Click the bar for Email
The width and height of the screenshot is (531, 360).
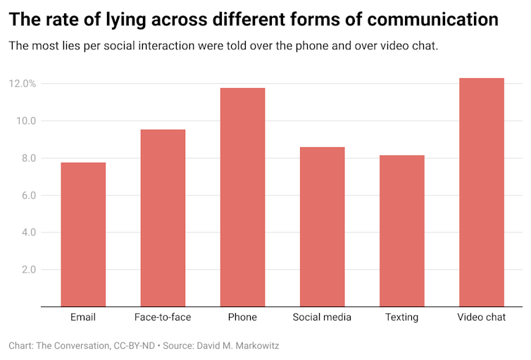83,235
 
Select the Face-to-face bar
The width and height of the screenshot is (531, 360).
163,218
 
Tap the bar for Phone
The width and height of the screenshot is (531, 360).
242,197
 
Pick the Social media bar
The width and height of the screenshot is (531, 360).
322,227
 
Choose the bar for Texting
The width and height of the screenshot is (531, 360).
401,231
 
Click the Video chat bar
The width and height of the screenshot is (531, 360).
481,192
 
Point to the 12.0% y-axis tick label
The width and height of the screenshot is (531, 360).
23,84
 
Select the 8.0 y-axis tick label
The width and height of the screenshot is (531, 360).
28,159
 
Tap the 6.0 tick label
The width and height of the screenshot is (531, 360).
28,195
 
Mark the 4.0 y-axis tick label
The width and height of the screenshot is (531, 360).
28,232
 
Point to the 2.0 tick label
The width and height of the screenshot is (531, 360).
28,270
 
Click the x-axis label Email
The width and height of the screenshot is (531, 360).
83,317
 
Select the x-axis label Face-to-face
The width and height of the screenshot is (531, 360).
163,317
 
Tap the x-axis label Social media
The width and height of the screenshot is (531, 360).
322,317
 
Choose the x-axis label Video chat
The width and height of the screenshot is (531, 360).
481,317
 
